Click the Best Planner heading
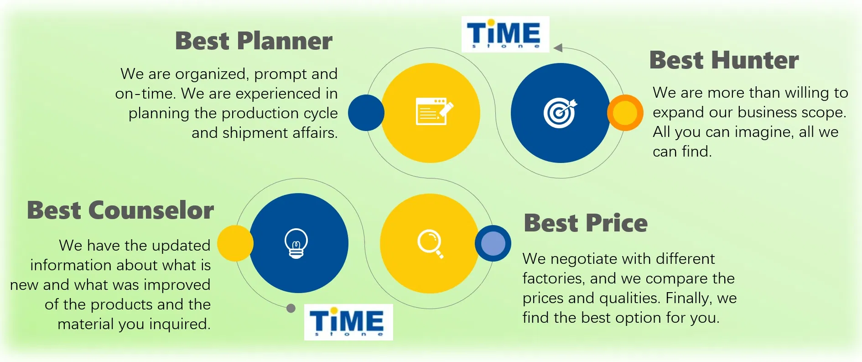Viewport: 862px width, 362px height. point(254,41)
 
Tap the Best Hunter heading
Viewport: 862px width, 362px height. point(724,60)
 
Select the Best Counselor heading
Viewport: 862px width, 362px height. point(120,210)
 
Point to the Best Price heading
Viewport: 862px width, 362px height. point(586,223)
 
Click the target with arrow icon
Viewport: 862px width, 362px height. point(560,113)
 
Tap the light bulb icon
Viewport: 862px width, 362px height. point(296,243)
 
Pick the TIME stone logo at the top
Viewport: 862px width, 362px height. point(505,34)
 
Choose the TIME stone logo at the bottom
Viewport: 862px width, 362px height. point(348,322)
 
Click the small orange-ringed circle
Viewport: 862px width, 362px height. point(625,113)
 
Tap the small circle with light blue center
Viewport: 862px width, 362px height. point(493,243)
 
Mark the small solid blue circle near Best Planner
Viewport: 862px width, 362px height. point(366,113)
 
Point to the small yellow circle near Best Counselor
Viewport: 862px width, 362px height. point(235,243)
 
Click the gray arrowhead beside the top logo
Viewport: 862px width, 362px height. point(558,47)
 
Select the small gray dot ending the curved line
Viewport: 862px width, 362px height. point(291,309)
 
